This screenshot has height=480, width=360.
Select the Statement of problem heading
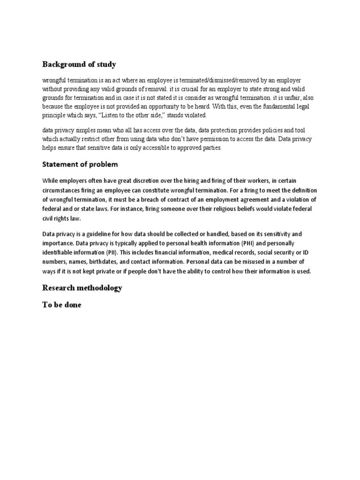(x=80, y=165)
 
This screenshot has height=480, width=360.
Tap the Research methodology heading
(x=82, y=288)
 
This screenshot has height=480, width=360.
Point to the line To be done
(x=61, y=305)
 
